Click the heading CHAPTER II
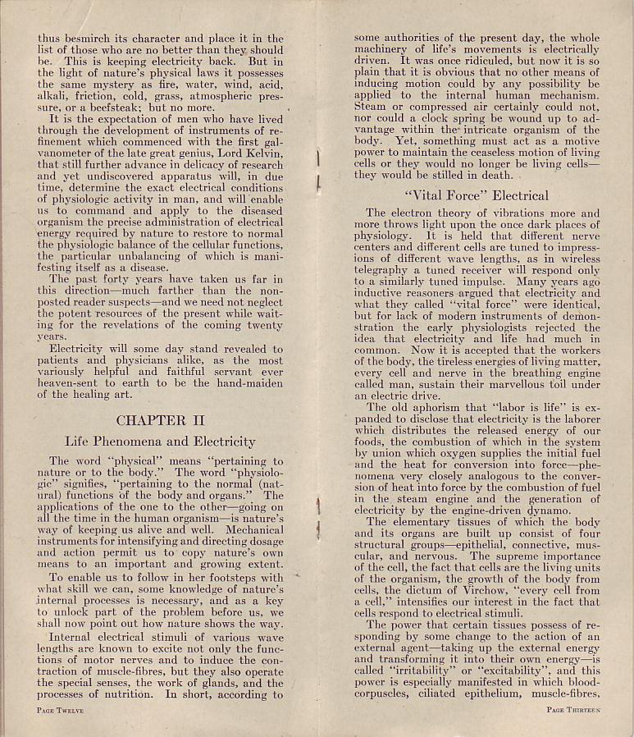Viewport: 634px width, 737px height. [160, 420]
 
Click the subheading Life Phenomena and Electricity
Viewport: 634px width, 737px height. [160, 441]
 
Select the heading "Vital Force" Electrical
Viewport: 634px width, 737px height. [477, 195]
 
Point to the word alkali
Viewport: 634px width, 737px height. [54, 95]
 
